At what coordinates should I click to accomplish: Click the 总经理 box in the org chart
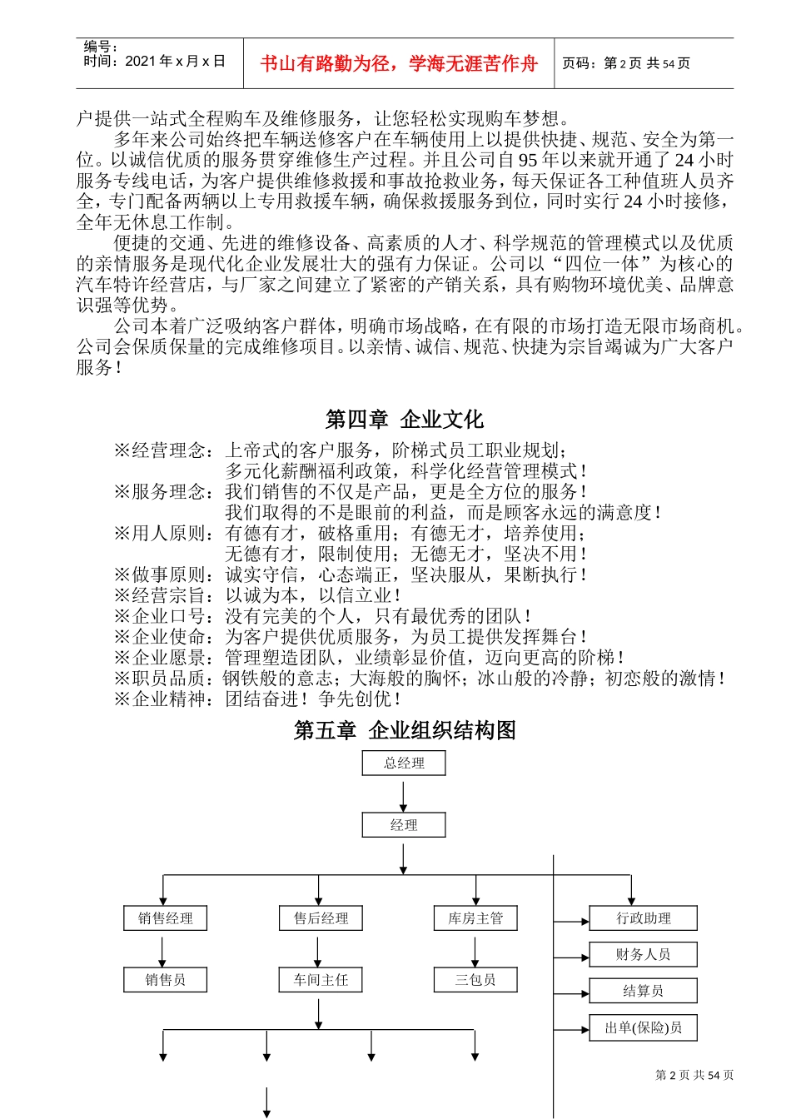pos(404,763)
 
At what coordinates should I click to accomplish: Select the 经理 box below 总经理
pos(404,825)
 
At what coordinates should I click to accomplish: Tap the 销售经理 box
pos(166,918)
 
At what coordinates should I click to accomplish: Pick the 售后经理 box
pos(321,918)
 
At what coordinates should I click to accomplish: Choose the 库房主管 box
pos(475,918)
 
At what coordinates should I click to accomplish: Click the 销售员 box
pos(166,980)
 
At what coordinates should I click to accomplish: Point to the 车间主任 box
pos(321,980)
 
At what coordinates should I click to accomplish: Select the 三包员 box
pos(475,980)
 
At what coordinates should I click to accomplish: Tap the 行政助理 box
pos(644,918)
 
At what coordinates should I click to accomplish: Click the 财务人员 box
pos(644,954)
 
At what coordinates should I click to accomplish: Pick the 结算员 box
pos(644,991)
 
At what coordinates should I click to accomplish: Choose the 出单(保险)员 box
pos(644,1027)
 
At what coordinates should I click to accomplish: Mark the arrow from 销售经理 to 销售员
pos(162,950)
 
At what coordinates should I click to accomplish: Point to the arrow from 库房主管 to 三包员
pos(475,950)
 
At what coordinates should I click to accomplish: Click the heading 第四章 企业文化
pos(404,420)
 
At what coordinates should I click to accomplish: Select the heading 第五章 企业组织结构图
pos(405,730)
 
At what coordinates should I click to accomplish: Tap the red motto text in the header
pos(399,63)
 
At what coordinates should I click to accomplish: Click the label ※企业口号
pos(164,616)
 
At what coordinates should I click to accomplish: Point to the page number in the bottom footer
pos(694,1075)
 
